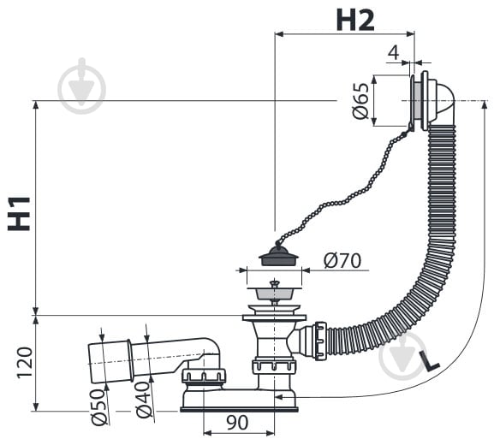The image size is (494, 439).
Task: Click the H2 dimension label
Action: click(355, 21)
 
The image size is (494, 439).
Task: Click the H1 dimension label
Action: click(19, 214)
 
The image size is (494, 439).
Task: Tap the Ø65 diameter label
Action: click(360, 101)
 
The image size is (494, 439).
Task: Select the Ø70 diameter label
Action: click(342, 260)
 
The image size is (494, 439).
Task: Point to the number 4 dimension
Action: click(393, 52)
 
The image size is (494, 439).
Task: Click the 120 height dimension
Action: click(25, 363)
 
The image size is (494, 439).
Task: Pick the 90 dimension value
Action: click(237, 423)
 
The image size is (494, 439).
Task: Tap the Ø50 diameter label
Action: click(98, 407)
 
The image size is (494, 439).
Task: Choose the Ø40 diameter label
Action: click(143, 400)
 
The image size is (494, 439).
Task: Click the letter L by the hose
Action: click(429, 360)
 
